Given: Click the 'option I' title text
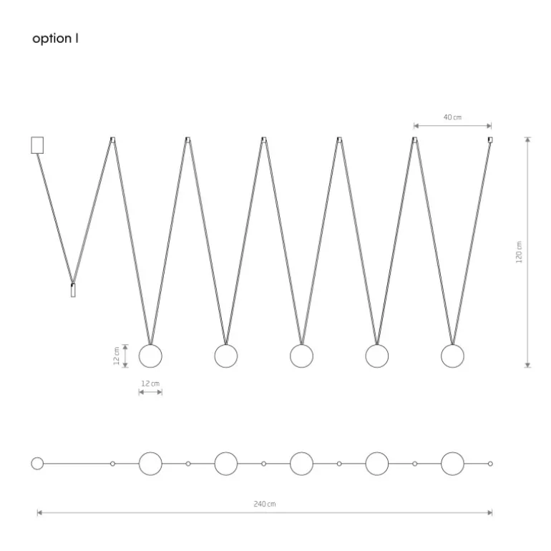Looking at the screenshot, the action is point(55,39).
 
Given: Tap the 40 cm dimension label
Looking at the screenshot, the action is point(452,117).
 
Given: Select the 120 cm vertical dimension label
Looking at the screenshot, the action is point(519,252).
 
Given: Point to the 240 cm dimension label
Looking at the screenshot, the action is point(265,504).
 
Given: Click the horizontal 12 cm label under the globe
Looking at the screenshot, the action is point(150,384).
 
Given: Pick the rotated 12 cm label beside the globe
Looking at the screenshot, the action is point(117,356).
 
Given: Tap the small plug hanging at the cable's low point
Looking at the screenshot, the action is point(73,290).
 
